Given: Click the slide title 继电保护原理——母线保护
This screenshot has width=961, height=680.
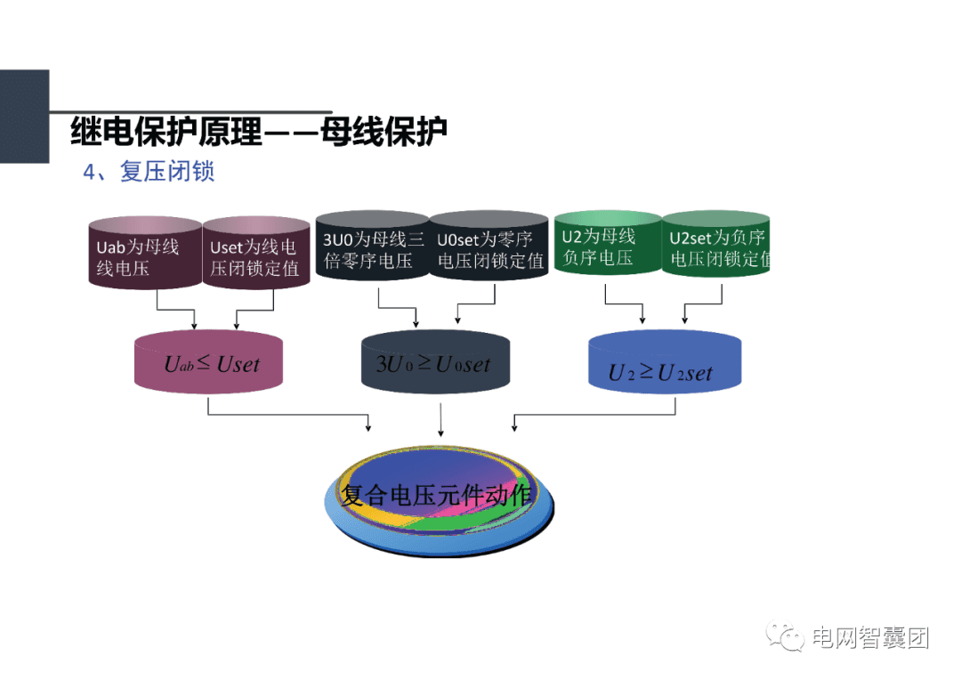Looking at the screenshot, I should point(258,132).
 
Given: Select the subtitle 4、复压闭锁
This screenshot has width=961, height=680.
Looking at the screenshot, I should point(149,172).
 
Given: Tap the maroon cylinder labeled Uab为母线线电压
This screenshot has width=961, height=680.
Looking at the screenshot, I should point(144,255).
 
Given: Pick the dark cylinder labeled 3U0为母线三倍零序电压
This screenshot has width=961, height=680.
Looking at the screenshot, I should point(373,249).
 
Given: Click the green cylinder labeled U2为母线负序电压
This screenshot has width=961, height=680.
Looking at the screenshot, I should point(607,247).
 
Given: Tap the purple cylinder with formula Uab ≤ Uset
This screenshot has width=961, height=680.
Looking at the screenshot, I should point(209,362).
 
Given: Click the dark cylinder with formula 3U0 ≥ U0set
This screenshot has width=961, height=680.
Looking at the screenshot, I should point(435,363).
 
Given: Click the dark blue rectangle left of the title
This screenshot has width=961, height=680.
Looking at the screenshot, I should point(24,117).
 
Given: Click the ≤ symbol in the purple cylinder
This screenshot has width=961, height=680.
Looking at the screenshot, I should point(204,360).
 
